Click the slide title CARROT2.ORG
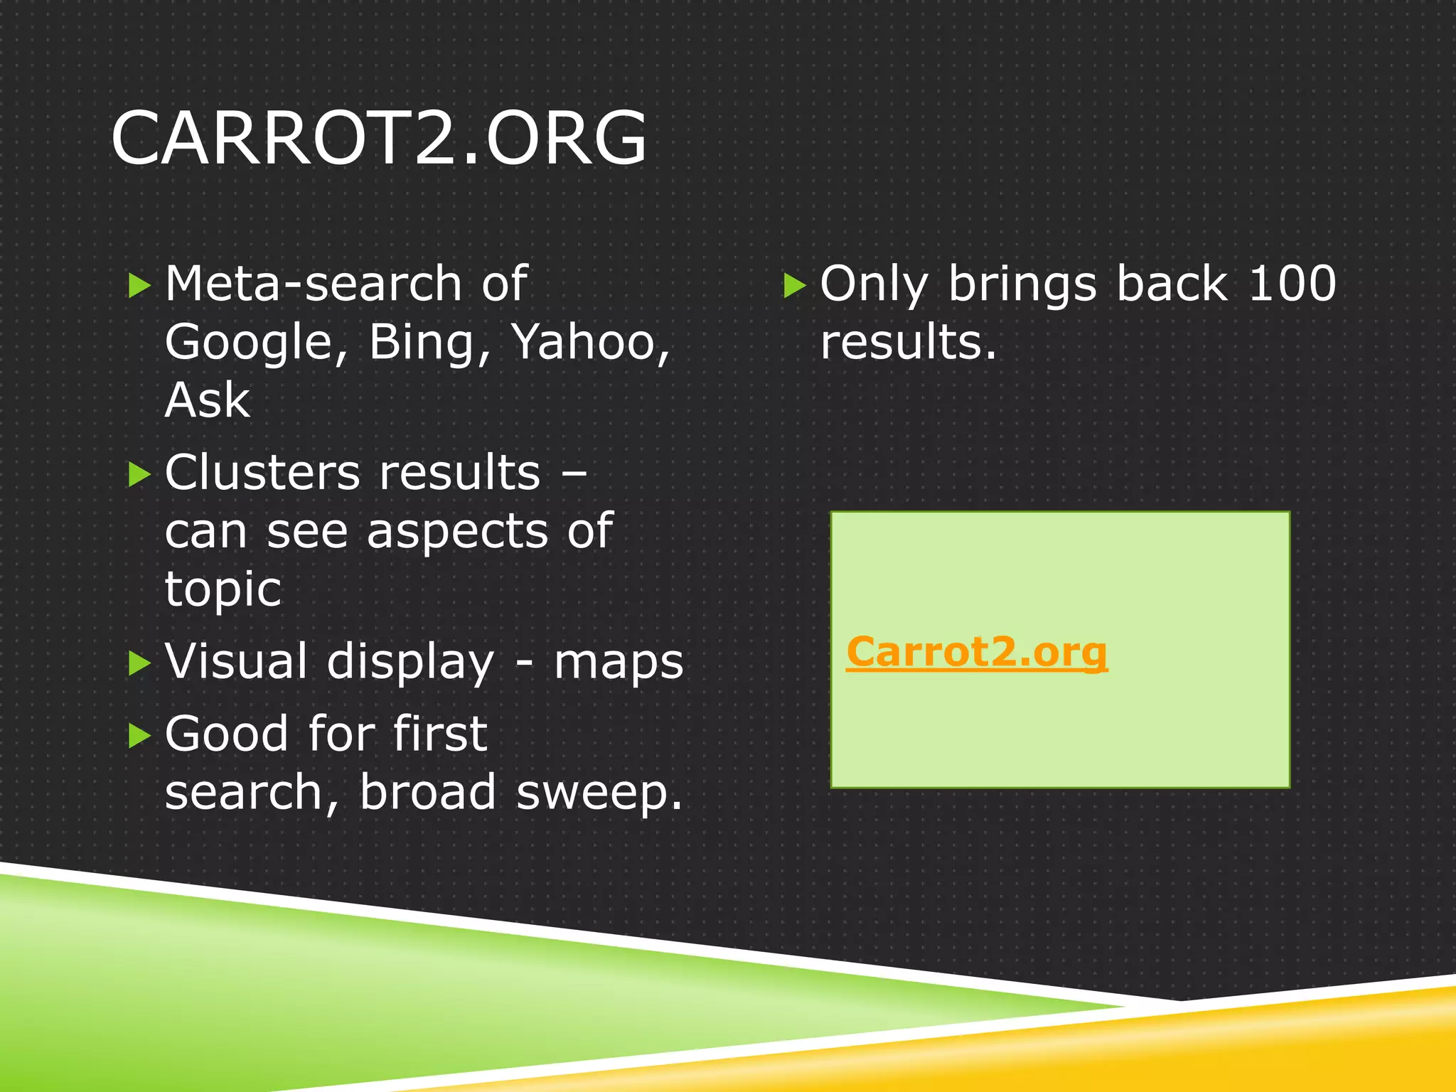click(379, 138)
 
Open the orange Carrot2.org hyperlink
click(976, 652)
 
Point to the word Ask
click(207, 400)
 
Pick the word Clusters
click(263, 473)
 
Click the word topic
click(223, 590)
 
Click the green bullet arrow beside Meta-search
click(139, 286)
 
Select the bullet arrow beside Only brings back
click(794, 286)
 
